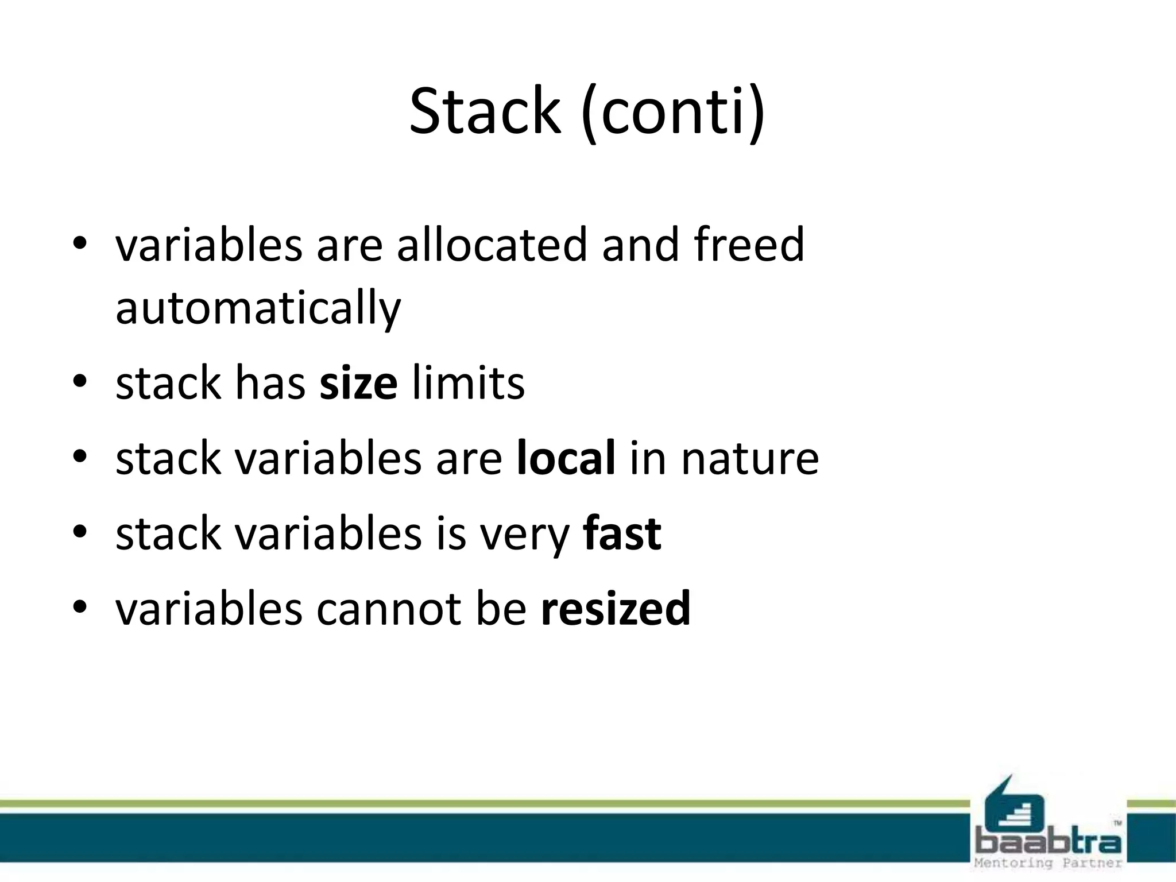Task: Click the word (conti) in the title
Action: [x=673, y=112]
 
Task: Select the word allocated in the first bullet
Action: [x=492, y=245]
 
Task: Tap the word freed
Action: [x=749, y=245]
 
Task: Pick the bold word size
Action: [x=358, y=384]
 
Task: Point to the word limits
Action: [x=469, y=384]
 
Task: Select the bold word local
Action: [x=566, y=458]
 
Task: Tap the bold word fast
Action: [x=622, y=533]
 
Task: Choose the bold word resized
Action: [x=616, y=609]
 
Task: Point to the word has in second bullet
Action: [x=270, y=384]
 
